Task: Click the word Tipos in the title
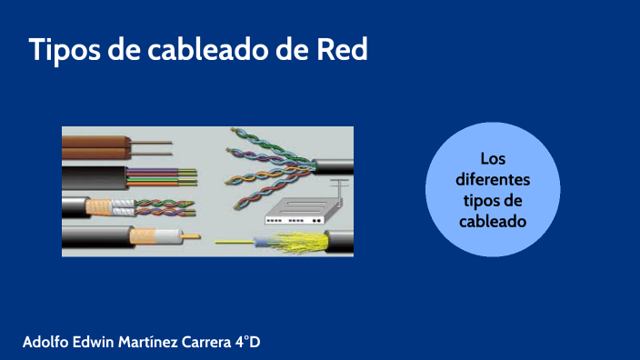[64, 50]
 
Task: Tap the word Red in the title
[342, 50]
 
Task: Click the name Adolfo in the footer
[47, 342]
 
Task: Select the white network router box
[294, 215]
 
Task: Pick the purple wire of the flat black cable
[159, 170]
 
